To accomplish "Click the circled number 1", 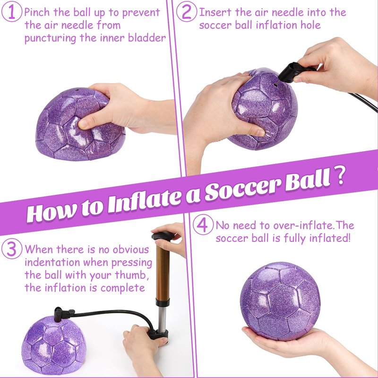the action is coord(11,11).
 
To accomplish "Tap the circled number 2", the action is coord(186,11).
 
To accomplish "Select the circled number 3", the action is coord(11,249).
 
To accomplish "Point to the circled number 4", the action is coord(203,224).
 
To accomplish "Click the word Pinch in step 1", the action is coord(37,12).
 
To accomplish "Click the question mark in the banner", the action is coord(339,175).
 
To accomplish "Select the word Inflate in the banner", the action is coord(144,202).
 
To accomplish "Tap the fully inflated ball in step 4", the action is coord(281,301).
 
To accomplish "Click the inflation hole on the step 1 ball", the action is coord(77,90).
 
